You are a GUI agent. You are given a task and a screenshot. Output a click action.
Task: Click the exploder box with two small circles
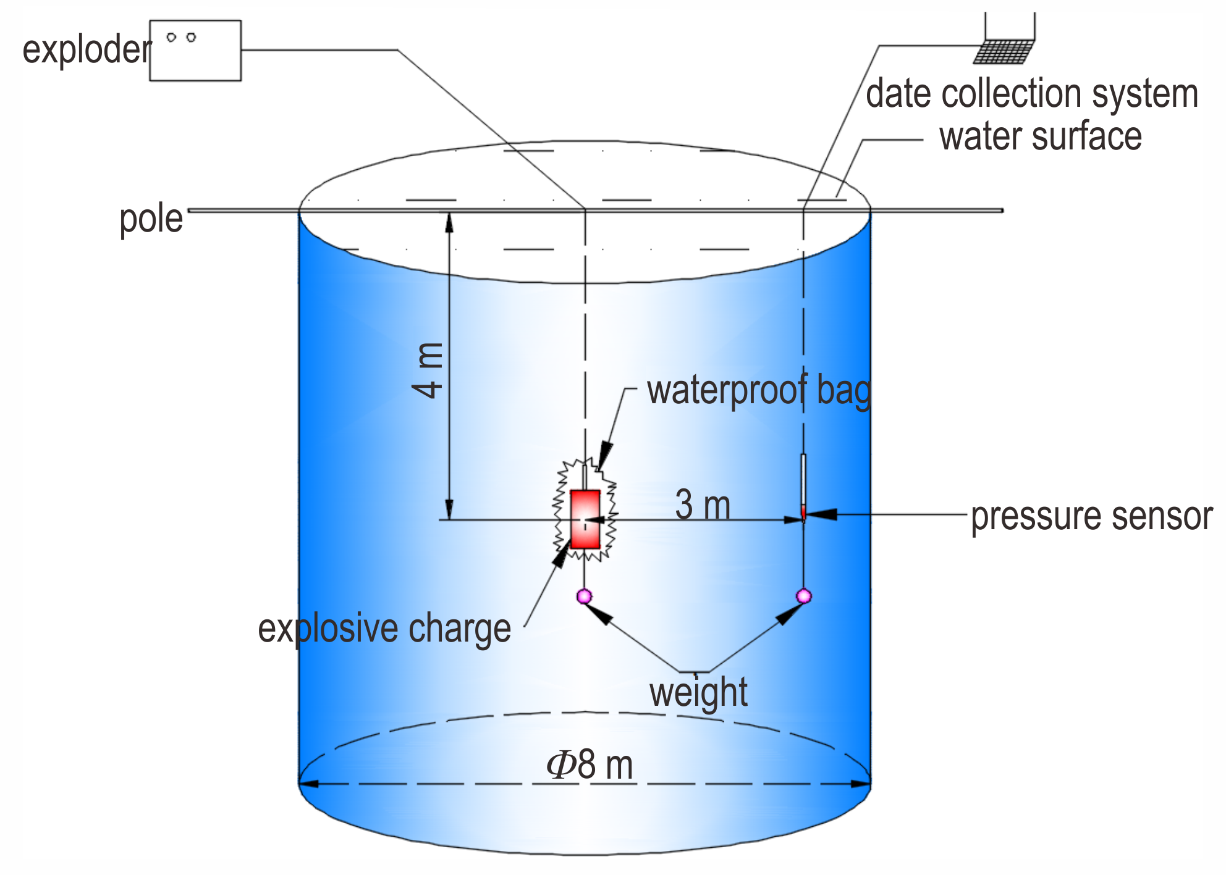tap(195, 51)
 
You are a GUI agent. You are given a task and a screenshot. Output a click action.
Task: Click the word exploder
tap(87, 50)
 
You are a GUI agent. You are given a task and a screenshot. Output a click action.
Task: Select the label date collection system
tap(1032, 94)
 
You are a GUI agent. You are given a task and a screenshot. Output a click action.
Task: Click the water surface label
tap(1041, 136)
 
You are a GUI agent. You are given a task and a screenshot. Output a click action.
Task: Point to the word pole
tap(151, 219)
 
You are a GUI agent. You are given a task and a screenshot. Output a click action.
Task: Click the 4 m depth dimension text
tap(428, 370)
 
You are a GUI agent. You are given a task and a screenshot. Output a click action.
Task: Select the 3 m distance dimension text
tap(703, 504)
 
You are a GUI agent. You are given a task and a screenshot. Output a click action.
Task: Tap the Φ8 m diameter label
tap(590, 765)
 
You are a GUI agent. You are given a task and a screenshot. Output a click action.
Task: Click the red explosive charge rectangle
tap(585, 519)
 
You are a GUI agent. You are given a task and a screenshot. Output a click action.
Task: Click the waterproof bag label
tap(759, 391)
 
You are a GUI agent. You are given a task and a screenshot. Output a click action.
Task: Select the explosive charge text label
tap(384, 629)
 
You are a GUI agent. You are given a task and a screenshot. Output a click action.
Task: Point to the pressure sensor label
tap(1092, 517)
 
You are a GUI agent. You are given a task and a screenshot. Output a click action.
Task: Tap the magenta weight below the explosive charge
tap(584, 596)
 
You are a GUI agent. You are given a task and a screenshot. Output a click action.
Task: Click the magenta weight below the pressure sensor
tap(803, 596)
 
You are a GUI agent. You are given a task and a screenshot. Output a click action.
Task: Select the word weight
tap(698, 693)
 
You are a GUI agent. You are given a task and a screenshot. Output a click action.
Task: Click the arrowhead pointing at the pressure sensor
tap(822, 514)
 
